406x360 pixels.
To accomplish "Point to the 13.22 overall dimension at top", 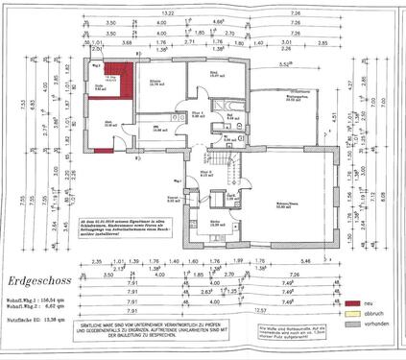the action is pos(168,13).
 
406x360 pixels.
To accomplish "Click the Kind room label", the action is pos(215,74).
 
